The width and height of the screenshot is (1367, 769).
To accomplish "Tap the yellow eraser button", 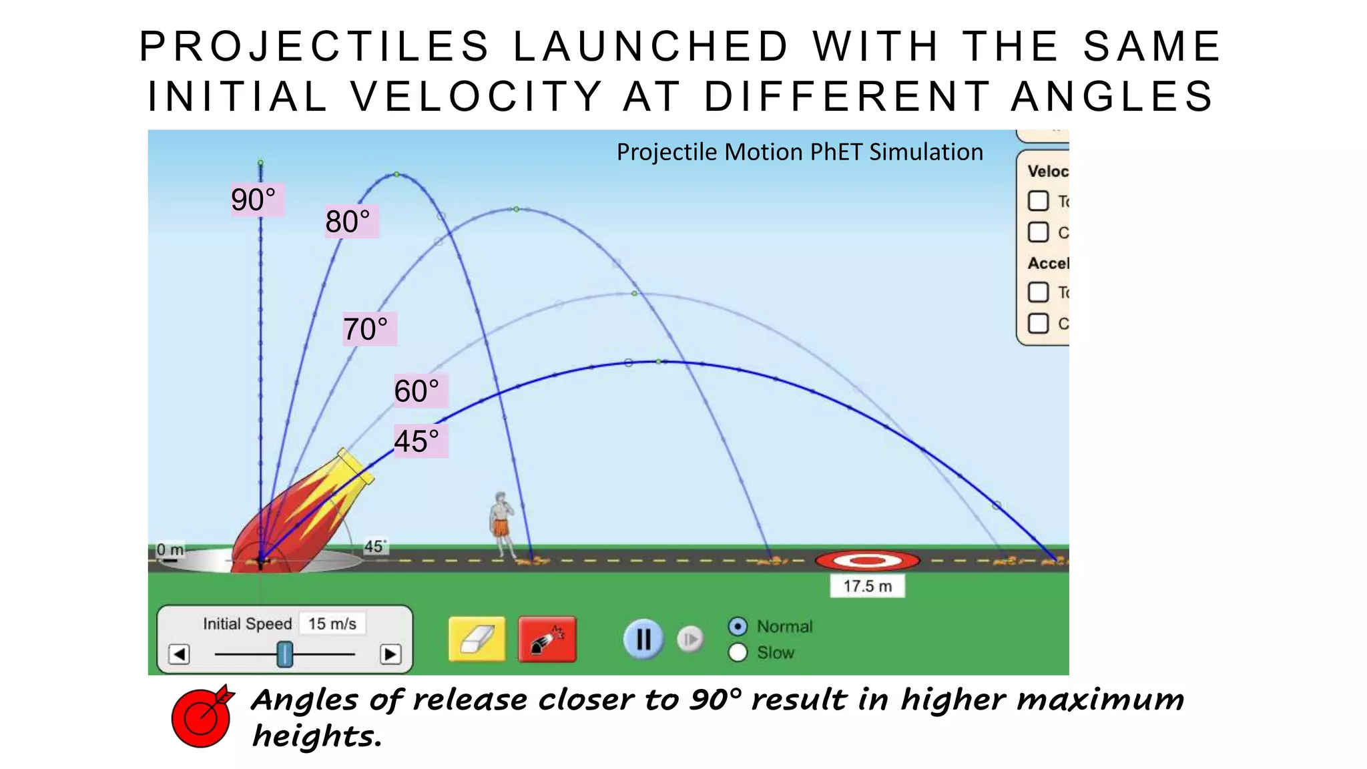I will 477,639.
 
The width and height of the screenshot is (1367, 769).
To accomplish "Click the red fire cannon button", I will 547,639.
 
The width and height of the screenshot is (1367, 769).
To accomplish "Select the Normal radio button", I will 738,626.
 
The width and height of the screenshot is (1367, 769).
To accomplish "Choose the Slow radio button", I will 738,652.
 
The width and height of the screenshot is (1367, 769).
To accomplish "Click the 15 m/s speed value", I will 332,623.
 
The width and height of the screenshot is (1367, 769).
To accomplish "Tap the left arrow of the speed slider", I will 179,654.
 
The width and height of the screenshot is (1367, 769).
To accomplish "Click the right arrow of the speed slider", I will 390,654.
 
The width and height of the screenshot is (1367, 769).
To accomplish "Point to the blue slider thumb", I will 285,654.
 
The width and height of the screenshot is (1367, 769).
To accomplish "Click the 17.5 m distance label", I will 867,586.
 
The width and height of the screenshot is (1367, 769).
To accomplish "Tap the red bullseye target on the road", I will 867,561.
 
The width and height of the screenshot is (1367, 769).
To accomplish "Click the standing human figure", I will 502,524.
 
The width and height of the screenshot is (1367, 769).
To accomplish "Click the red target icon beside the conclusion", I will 202,716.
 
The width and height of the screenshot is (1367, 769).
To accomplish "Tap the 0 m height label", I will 170,550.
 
